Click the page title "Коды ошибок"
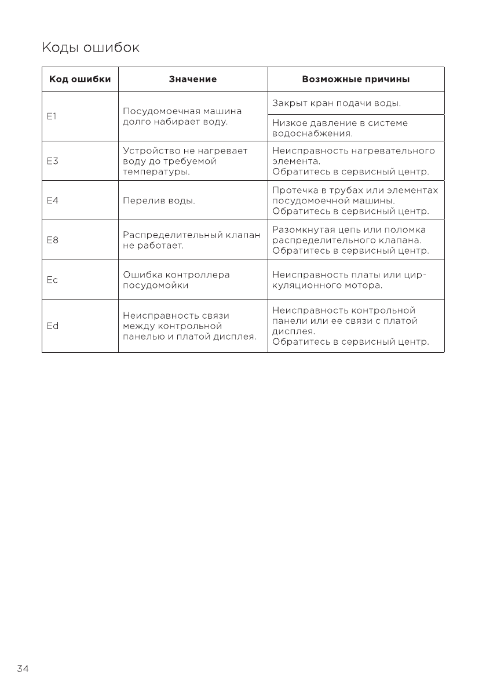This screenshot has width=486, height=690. coord(90,47)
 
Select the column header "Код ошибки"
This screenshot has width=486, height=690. coord(80,79)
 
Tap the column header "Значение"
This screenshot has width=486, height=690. coord(193,79)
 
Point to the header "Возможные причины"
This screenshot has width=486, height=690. coord(356,79)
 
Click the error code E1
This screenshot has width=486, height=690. coord(51,116)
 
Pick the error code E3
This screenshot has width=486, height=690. coord(52,161)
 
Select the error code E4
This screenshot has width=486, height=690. coord(52,201)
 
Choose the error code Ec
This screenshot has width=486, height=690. coord(52,280)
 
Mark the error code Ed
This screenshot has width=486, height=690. coord(52,326)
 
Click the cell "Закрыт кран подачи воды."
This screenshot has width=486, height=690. coord(337,104)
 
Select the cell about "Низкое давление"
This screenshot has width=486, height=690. coord(340,128)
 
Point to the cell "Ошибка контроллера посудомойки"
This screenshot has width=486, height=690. coord(177,280)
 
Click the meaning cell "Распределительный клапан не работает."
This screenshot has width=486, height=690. coord(192,240)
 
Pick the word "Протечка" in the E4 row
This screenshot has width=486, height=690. coord(294,191)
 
